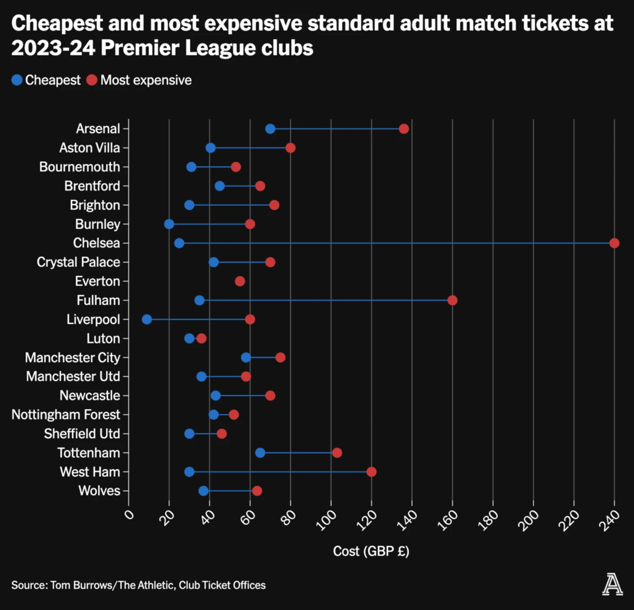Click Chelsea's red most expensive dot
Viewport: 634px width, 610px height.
pos(614,243)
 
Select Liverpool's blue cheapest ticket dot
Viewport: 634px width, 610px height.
pos(147,319)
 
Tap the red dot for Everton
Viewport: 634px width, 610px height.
pos(240,281)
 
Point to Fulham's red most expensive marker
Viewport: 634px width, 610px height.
pos(452,300)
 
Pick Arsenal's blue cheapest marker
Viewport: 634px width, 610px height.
pos(270,129)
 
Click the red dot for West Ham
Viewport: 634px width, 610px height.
pos(371,472)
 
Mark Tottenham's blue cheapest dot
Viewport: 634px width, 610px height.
pos(260,453)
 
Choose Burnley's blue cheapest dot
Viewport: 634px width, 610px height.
pos(169,224)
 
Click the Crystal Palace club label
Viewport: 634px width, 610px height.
pos(78,262)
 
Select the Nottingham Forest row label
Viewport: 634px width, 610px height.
pos(66,414)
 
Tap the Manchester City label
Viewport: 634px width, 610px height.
pos(73,358)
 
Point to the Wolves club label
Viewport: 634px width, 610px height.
pos(99,491)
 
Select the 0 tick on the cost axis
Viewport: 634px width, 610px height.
pos(129,515)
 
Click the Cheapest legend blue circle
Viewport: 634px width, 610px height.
pos(17,80)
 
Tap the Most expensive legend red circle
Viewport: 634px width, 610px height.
pos(92,80)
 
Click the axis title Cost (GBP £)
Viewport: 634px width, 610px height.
pos(371,551)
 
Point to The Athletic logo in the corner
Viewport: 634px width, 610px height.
pos(612,584)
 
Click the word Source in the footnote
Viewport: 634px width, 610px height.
pos(29,585)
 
